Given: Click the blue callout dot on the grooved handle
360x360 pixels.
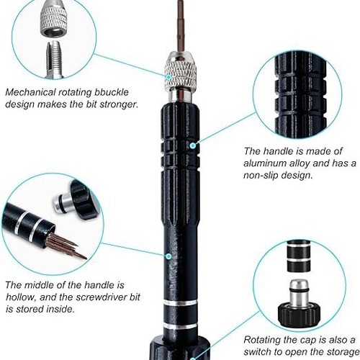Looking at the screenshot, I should (192, 145).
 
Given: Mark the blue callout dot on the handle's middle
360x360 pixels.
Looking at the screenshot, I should (168, 254).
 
